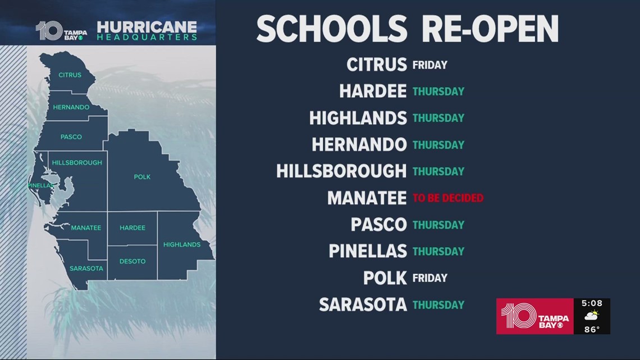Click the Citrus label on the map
70,75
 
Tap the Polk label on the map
142,177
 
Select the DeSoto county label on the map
132,261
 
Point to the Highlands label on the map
181,244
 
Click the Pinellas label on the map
40,185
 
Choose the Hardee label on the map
132,227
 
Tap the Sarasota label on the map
86,268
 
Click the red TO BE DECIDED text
447,198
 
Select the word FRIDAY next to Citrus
429,65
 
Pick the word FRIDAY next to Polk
429,277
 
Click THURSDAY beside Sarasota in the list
438,304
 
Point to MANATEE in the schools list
367,198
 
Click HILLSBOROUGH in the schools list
341,171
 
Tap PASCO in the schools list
378,225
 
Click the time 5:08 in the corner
592,304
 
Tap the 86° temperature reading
592,329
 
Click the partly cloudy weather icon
592,316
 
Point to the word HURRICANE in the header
147,26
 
